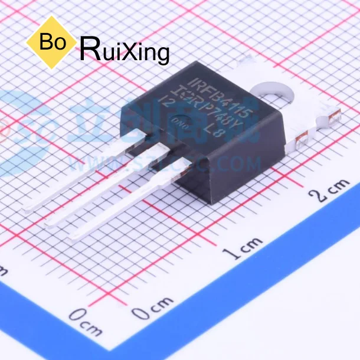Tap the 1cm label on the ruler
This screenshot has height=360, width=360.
[x=243, y=247]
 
